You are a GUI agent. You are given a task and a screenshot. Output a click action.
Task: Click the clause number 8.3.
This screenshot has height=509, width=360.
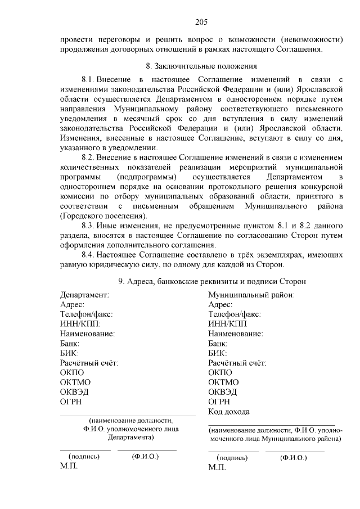pos(91,225)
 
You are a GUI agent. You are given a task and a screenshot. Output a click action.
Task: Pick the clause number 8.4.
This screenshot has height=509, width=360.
pos(91,255)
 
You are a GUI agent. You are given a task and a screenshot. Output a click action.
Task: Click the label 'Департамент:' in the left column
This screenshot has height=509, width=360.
pos(84,295)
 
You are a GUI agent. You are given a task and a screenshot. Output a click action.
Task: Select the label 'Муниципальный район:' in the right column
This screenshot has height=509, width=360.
pos(251,295)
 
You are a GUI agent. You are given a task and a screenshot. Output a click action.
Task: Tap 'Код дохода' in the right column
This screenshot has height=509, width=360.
pos(229,412)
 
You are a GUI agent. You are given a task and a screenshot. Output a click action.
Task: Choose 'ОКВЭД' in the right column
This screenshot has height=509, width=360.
pos(223,391)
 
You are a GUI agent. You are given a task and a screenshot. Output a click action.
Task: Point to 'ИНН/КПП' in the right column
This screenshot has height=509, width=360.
pos(227,323)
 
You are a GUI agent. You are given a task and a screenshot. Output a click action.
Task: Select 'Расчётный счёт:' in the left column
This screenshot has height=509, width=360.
pos(89,363)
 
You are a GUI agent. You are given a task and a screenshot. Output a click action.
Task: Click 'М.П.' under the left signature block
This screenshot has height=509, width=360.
pos(69,467)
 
